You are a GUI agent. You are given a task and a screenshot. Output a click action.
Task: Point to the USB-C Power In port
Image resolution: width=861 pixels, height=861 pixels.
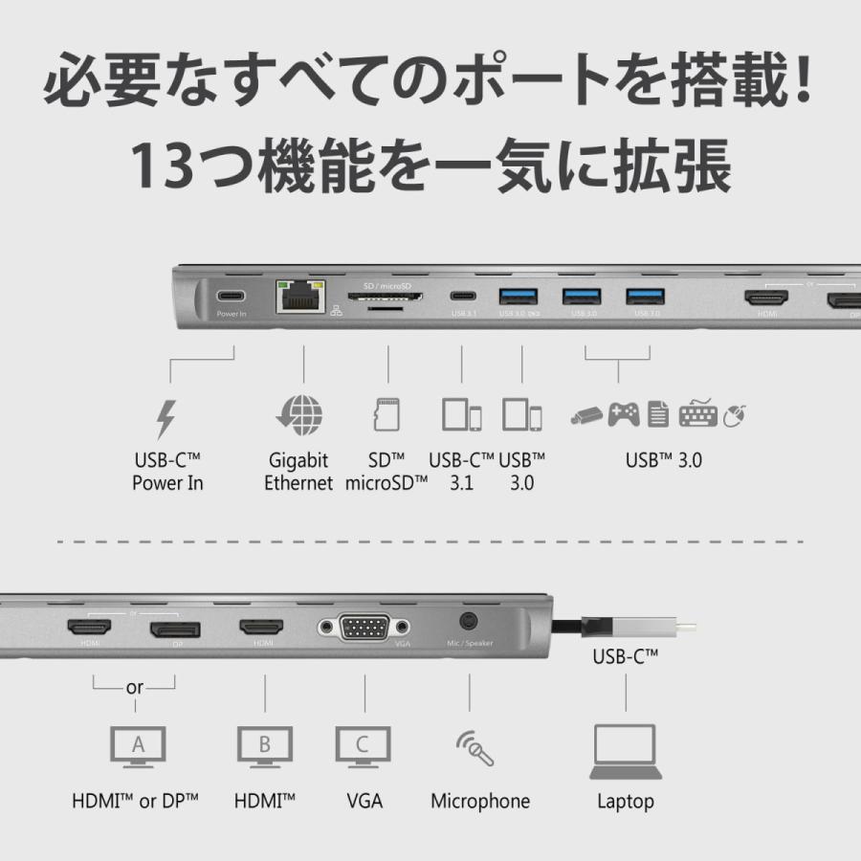point(231,297)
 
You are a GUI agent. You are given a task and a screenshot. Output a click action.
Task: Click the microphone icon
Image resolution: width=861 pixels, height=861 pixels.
point(475,749)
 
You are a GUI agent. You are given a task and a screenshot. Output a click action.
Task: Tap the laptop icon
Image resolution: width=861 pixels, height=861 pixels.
point(625,751)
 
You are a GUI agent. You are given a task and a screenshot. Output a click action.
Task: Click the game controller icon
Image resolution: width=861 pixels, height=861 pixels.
point(625,414)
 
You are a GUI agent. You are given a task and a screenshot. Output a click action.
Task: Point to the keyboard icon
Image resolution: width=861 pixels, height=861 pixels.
point(697,415)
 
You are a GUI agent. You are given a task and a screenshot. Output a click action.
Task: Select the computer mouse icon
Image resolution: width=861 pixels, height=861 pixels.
point(735,415)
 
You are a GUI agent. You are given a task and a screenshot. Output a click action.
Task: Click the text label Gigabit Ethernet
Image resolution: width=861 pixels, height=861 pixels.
point(298,472)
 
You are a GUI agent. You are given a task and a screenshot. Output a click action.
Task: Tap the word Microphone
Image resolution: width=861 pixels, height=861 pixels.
point(479,801)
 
